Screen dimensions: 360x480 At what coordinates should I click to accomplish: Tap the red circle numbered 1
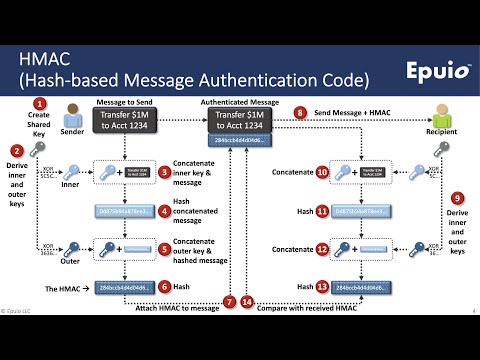[x=41, y=103]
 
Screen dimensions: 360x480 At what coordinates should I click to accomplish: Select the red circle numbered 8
[x=303, y=114]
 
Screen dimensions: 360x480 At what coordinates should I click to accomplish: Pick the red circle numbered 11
[x=323, y=211]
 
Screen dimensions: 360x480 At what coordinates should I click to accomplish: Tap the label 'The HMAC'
[x=62, y=288]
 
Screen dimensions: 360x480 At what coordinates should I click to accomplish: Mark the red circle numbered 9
[x=457, y=198]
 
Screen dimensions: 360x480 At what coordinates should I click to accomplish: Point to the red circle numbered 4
[x=165, y=211]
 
